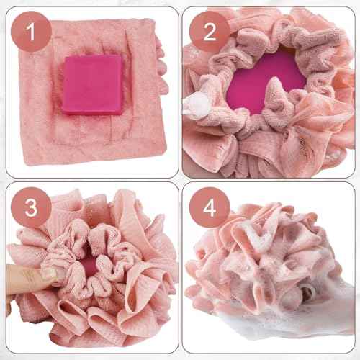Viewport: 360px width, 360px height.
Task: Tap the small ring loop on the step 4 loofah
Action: pos(305,292)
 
